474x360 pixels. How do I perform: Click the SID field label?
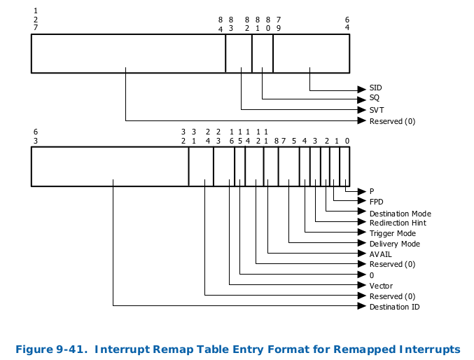(375, 88)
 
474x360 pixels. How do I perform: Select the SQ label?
(374, 98)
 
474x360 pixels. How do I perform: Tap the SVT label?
(376, 110)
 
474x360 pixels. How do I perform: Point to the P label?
(372, 191)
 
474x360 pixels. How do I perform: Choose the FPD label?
(376, 202)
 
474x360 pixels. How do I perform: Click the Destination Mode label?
(400, 213)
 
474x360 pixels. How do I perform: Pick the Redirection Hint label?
(398, 223)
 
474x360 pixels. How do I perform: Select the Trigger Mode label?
(392, 233)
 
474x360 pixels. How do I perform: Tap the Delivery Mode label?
(394, 244)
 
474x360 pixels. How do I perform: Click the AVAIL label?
(380, 254)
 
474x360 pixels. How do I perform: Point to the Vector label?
(381, 286)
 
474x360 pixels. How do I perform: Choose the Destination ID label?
(394, 307)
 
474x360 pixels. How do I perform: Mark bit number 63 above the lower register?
(35, 136)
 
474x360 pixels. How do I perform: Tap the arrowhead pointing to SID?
(361, 89)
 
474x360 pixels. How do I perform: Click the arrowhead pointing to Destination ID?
(361, 306)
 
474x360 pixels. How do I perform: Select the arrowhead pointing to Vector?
(361, 285)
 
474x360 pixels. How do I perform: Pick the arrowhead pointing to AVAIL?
(361, 254)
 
